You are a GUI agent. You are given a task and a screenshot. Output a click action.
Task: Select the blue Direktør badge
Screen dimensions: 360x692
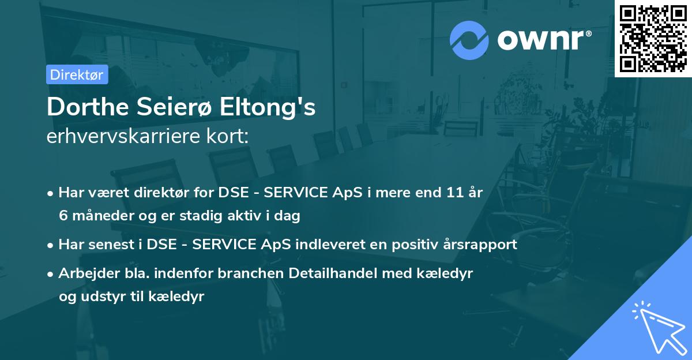(77, 74)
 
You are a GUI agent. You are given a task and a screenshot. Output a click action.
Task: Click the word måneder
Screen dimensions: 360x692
(97, 216)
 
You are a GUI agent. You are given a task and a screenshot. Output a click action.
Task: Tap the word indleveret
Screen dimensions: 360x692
(325, 244)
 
